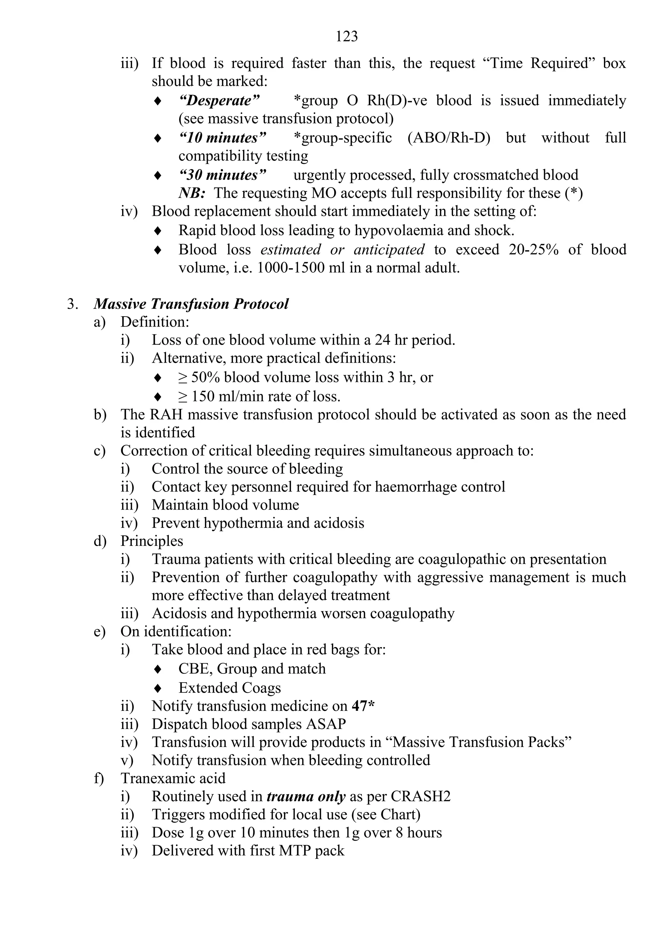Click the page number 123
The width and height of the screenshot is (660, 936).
346,37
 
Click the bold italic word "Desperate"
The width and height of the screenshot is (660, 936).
219,100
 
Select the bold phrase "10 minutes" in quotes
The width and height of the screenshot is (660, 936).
222,138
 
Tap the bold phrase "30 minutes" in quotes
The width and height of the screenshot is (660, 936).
222,175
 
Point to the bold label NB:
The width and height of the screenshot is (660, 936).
192,193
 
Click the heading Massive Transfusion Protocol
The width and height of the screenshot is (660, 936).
191,304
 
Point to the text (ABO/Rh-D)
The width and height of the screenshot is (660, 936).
449,138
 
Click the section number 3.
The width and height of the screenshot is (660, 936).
73,304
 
